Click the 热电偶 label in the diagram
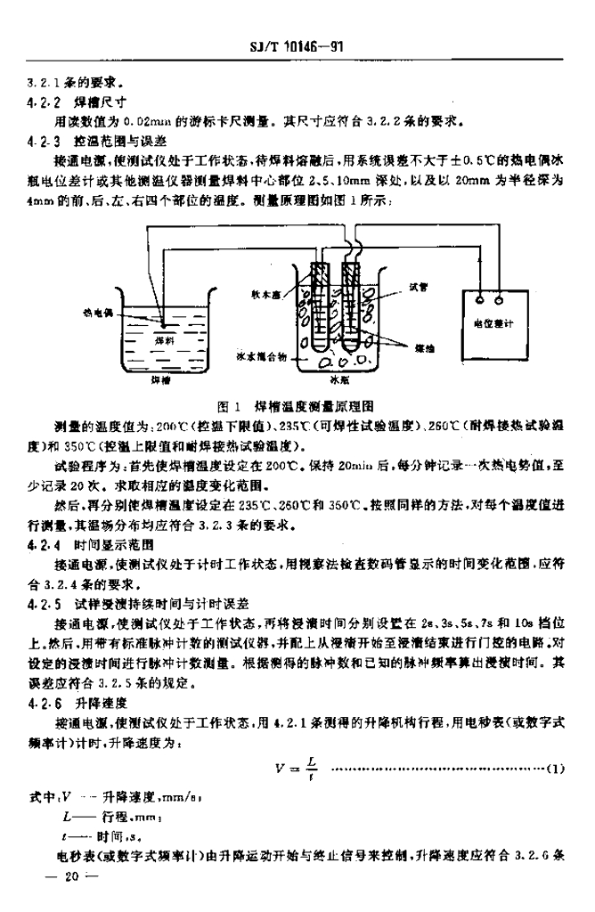(x=100, y=313)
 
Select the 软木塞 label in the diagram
(x=266, y=290)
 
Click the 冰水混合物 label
(x=261, y=354)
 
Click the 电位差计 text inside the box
(x=497, y=325)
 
